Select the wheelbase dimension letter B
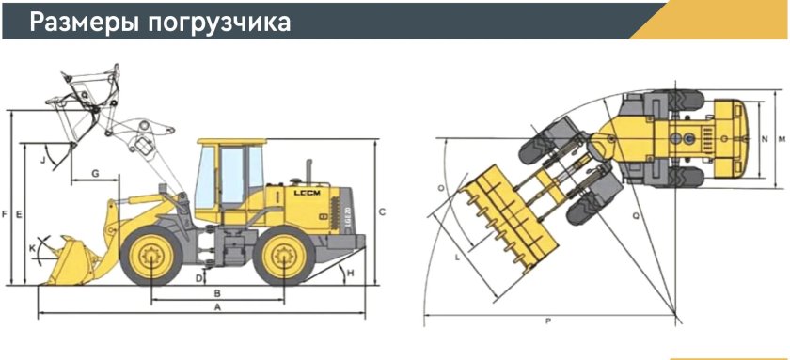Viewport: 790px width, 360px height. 216,292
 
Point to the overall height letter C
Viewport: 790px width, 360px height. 382,211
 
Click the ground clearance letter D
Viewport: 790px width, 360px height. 199,278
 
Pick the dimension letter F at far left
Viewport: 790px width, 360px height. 6,214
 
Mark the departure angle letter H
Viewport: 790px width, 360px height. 350,273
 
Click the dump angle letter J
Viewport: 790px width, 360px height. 42,160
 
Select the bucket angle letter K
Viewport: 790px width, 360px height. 33,248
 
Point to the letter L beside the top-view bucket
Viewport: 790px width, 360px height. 457,255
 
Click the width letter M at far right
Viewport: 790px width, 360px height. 782,140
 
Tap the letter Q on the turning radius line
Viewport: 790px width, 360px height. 636,215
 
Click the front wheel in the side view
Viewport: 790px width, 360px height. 151,255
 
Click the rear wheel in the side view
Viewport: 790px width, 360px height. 284,255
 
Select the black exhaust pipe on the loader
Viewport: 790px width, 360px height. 308,169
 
